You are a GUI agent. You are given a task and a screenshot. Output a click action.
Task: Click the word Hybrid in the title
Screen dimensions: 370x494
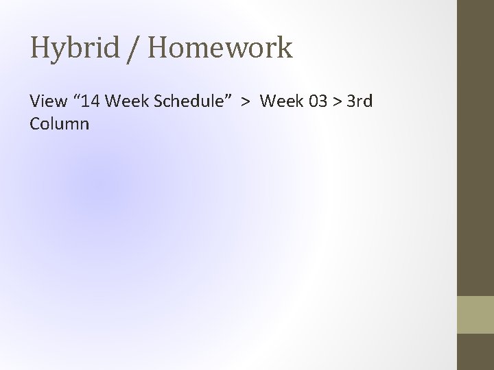(73, 49)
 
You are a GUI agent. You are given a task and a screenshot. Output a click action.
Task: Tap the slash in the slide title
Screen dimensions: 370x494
(132, 49)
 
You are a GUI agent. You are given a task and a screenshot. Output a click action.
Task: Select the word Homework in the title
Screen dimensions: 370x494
(219, 49)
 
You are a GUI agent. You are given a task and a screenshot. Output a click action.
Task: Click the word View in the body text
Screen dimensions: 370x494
(47, 101)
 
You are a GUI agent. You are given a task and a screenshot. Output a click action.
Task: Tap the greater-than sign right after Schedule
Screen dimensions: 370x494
(245, 102)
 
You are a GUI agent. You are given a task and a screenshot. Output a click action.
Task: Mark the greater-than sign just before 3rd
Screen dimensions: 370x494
(338, 102)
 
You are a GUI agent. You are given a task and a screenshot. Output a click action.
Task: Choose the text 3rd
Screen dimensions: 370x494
(360, 101)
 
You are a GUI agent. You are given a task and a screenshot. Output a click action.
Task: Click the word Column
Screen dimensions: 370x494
(60, 124)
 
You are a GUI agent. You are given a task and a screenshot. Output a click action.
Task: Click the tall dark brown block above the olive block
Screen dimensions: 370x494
(475, 147)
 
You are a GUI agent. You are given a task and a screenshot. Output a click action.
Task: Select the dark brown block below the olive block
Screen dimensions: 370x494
(475, 352)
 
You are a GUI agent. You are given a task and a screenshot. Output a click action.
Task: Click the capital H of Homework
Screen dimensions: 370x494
(156, 49)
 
